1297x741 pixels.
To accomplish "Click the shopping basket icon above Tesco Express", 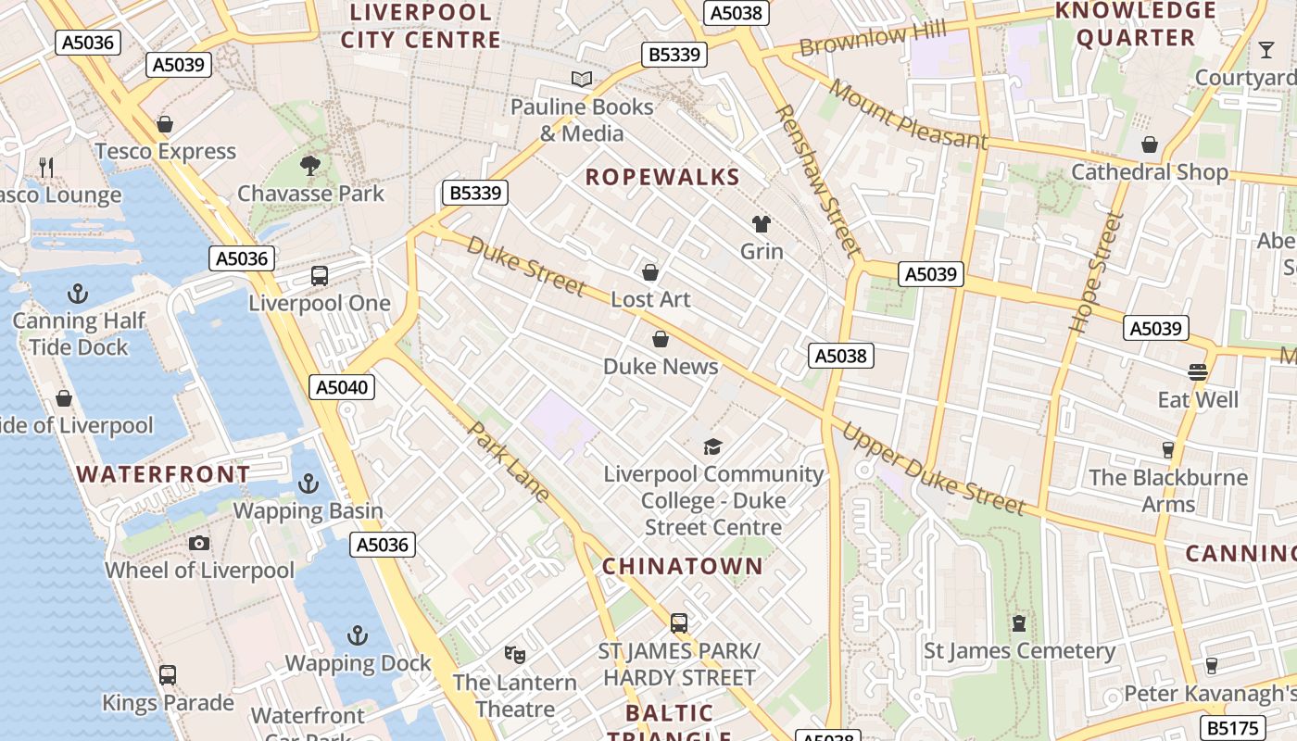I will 165,124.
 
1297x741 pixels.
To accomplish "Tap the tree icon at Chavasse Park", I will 310,166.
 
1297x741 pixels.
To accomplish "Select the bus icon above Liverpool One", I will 320,275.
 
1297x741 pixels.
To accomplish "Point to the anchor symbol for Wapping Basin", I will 308,484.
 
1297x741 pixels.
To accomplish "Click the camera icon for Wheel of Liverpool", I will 198,543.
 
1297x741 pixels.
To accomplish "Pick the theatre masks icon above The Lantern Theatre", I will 515,655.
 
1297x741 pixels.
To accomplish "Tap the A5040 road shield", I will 341,387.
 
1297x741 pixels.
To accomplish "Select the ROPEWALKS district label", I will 662,177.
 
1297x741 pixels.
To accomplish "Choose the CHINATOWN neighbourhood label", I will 683,566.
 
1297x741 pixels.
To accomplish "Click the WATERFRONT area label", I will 163,474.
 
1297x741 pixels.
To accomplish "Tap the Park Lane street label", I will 510,461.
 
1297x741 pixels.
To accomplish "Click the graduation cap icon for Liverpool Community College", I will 712,446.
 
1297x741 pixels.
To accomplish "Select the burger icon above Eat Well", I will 1198,372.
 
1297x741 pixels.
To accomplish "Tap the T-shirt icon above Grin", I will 762,223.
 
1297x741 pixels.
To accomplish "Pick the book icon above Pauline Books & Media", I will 582,80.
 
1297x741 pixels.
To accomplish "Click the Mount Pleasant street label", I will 908,115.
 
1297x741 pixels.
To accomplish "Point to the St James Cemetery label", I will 1019,651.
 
